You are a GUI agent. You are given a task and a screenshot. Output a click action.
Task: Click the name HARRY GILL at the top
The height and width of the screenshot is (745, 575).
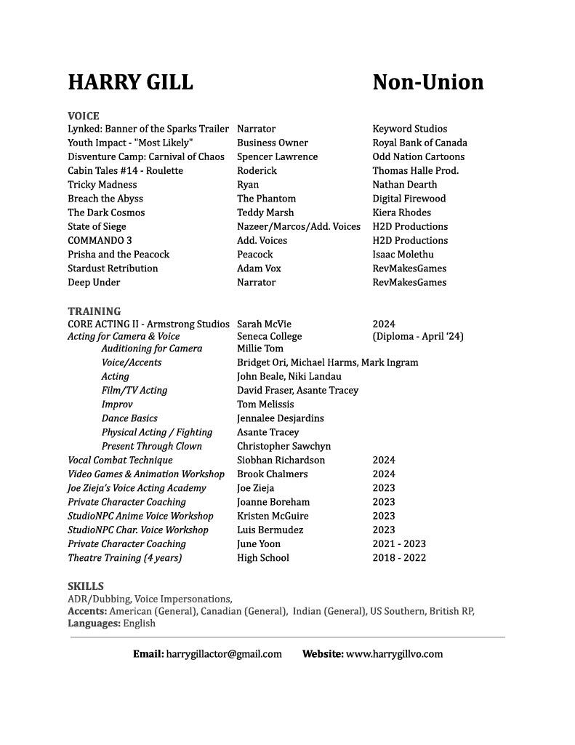[130, 82]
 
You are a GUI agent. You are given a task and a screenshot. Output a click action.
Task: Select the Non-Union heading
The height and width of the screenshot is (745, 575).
[427, 82]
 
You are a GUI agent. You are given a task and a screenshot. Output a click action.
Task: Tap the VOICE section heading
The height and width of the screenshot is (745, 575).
[84, 116]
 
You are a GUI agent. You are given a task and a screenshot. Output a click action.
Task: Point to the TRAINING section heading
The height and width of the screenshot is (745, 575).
[95, 311]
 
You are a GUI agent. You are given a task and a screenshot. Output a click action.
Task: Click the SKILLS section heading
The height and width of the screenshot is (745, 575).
[86, 586]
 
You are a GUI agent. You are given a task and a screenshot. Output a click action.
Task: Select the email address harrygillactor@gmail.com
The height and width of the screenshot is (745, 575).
[223, 653]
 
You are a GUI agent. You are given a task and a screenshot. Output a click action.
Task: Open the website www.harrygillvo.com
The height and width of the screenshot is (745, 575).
[394, 653]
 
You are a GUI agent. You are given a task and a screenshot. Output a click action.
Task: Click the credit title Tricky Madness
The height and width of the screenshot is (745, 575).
[102, 184]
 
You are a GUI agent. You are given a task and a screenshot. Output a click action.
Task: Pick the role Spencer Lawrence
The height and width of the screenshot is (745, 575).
[277, 156]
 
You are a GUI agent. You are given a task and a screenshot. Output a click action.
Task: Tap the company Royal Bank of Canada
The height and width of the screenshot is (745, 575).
[419, 143]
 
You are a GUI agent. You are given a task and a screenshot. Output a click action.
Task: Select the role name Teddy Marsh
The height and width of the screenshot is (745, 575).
[265, 212]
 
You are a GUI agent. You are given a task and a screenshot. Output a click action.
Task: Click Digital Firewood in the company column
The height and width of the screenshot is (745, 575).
[409, 198]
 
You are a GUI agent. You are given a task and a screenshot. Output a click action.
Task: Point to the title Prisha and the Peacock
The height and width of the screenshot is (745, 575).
[118, 254]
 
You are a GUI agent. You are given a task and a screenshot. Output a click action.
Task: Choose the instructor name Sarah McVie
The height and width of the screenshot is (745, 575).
[264, 324]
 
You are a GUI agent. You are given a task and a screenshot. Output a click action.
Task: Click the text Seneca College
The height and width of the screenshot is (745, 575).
[269, 336]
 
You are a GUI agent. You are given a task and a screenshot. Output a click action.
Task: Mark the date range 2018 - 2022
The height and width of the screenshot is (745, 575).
[399, 558]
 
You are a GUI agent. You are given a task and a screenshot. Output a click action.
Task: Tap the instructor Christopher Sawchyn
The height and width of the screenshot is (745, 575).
[284, 446]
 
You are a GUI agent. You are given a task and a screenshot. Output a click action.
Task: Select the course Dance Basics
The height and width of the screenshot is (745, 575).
[129, 418]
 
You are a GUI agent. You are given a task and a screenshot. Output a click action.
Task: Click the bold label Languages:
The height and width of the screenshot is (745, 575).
[94, 623]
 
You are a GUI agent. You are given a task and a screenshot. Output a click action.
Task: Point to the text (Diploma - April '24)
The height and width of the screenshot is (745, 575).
[418, 336]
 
